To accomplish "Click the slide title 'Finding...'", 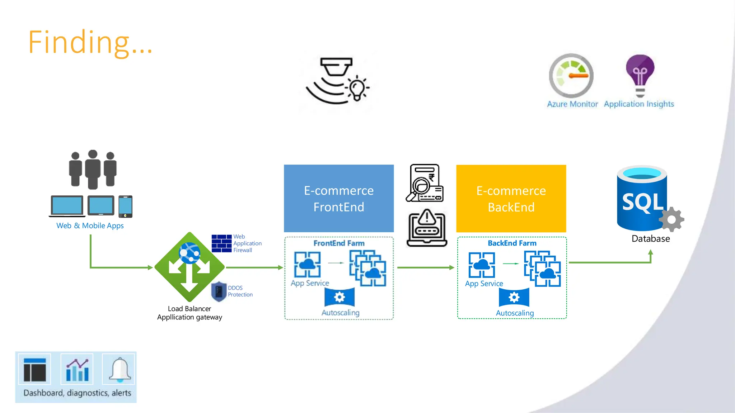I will coord(90,42).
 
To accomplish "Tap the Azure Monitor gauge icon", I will coord(571,76).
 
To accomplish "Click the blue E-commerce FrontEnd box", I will coord(338,198).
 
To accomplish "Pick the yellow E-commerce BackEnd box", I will coord(511,198).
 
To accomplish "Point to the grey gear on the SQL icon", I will coord(671,219).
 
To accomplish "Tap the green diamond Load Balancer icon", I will coord(189,267).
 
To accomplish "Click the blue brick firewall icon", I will coord(221,243).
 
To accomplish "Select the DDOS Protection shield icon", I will coord(219,291).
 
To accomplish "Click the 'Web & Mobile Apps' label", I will coord(90,226).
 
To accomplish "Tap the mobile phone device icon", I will coord(125,206).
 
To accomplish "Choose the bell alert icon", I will coord(119,369).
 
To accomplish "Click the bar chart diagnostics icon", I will coord(77,370).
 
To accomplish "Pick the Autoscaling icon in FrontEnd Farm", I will coord(339,297).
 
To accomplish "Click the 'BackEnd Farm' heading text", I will coord(512,243).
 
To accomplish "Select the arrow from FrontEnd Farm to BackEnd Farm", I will coord(425,267).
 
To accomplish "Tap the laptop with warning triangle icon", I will coord(427,228).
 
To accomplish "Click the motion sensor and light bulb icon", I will coord(337,81).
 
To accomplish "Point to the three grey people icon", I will coord(93,170).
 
